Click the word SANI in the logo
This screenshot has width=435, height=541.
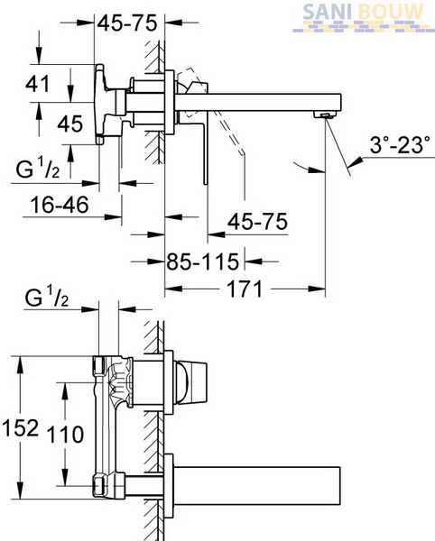pyautogui.click(x=328, y=12)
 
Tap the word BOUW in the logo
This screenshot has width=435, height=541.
pyautogui.click(x=391, y=12)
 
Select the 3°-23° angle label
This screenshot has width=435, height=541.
pyautogui.click(x=400, y=144)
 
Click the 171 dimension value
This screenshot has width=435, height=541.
pyautogui.click(x=245, y=289)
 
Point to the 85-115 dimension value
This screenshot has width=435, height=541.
pyautogui.click(x=203, y=261)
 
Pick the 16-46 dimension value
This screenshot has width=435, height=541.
pyautogui.click(x=60, y=205)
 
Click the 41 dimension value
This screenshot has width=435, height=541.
pyautogui.click(x=38, y=84)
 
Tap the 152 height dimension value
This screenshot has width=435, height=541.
pyautogui.click(x=20, y=427)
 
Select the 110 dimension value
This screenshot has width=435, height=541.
pyautogui.click(x=65, y=435)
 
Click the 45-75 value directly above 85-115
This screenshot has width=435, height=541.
pyautogui.click(x=257, y=221)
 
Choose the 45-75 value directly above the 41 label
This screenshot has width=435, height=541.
pyautogui.click(x=127, y=23)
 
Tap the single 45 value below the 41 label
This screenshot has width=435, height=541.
pyautogui.click(x=70, y=124)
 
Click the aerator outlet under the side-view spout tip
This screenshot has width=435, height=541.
pyautogui.click(x=324, y=115)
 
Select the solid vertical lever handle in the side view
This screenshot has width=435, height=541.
pyautogui.click(x=206, y=151)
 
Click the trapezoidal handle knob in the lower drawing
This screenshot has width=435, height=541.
pyautogui.click(x=191, y=382)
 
